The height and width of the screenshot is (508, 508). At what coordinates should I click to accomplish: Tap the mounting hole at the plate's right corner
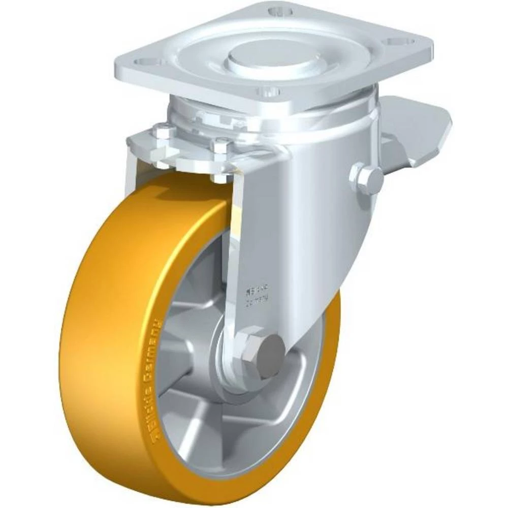point(400,42)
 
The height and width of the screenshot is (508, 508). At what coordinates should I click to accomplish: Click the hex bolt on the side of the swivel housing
point(366,178)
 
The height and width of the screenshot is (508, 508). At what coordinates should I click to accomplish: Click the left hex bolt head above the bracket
point(165,133)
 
